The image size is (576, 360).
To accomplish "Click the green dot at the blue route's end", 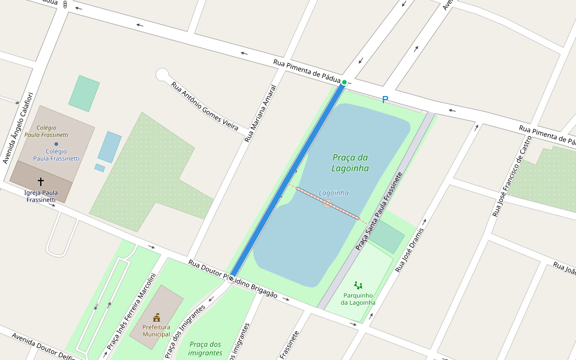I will [x=344, y=82].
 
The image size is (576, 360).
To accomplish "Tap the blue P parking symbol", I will [x=385, y=100].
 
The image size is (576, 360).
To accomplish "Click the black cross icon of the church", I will [x=41, y=181].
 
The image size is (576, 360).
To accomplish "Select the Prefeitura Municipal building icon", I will [x=157, y=317].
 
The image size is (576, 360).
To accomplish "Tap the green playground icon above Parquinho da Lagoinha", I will [x=358, y=286].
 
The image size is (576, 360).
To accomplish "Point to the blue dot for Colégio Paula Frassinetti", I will [x=56, y=144].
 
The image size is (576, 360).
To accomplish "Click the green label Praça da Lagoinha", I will [x=350, y=163].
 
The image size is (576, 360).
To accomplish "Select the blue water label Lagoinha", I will [x=334, y=193].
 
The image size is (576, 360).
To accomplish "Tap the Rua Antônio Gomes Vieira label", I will [x=205, y=106].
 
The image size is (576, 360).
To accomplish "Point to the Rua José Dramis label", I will [x=410, y=250].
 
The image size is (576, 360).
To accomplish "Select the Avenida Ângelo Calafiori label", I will [x=17, y=127].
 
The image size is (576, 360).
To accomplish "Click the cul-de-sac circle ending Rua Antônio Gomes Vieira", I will [x=162, y=75].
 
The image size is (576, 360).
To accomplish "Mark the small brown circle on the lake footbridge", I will [x=328, y=204].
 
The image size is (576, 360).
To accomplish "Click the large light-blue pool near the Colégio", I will [x=109, y=147].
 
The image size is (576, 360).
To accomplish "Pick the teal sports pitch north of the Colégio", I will [x=84, y=94].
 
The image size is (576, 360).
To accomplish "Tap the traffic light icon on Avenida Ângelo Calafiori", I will [x=65, y=5].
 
